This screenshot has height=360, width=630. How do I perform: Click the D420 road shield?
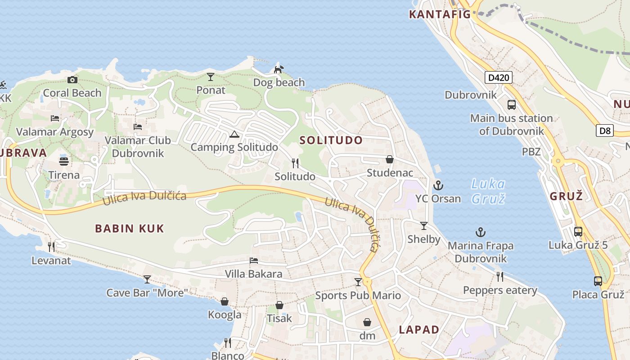point(499,77)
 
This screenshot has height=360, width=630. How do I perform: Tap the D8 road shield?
point(605,131)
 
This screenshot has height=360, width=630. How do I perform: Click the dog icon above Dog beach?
point(279,69)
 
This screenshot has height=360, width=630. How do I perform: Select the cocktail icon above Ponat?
point(211,77)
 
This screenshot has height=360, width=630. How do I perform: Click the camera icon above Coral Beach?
point(72,80)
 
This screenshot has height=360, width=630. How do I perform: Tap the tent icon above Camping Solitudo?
point(234,134)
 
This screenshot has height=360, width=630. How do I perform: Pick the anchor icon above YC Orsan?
point(438,185)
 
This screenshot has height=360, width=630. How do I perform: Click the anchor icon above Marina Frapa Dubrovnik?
point(481,233)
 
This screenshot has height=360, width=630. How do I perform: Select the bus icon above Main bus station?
point(512,105)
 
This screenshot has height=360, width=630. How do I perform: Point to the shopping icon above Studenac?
point(390,159)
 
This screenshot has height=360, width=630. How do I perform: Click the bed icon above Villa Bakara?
point(254,261)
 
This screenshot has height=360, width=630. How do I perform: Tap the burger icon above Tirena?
point(64,162)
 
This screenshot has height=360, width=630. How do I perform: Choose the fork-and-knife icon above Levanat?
point(51,247)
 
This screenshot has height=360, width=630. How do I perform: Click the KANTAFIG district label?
point(440,14)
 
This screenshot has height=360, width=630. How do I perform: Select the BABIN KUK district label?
point(130,229)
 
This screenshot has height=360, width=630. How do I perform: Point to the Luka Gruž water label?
point(488,191)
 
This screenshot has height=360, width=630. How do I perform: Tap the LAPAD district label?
point(419,329)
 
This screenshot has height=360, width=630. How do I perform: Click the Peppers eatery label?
point(500,290)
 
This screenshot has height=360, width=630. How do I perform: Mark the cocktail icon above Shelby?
point(423,225)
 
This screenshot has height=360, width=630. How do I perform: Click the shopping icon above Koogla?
point(225,301)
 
